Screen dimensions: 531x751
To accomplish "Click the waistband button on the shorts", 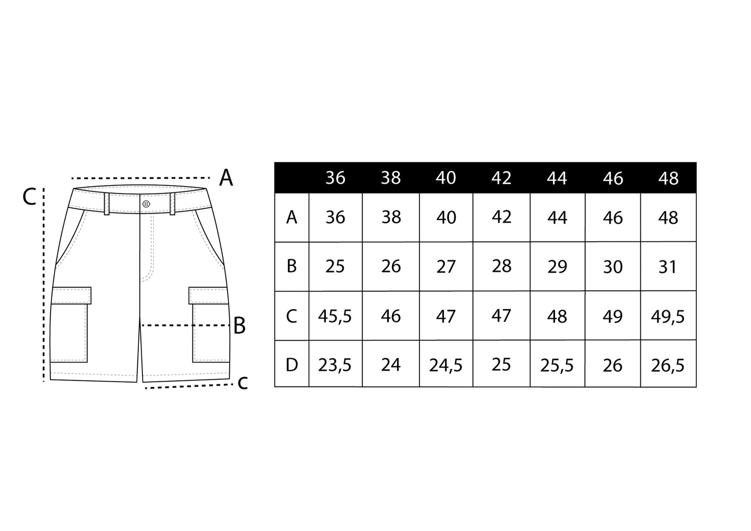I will (146, 204).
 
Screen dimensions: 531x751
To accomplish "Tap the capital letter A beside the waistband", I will (226, 178).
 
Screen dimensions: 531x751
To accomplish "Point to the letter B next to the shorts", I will (239, 326).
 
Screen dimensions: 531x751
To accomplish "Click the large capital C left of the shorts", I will (30, 197).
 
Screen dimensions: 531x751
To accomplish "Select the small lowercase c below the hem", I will (242, 383).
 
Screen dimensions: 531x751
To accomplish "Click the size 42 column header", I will (502, 178).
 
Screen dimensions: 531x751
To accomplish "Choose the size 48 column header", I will (668, 178).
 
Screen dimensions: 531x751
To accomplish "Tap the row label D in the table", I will (292, 365).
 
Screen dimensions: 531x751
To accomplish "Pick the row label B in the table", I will (292, 266).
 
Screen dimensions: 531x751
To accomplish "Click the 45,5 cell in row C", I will (335, 316).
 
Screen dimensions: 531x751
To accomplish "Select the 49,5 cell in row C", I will (668, 316).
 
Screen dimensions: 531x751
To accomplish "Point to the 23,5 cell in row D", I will (335, 365).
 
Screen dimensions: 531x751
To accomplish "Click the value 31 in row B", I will (668, 267).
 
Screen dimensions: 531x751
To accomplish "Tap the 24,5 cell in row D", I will (446, 365).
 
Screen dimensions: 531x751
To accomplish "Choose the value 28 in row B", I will (502, 266).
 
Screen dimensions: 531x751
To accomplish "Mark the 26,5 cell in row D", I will (668, 365).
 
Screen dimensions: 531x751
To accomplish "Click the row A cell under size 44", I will (557, 217).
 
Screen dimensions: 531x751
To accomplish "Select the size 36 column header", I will (335, 178).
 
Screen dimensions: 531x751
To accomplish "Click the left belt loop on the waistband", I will (107, 204).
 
